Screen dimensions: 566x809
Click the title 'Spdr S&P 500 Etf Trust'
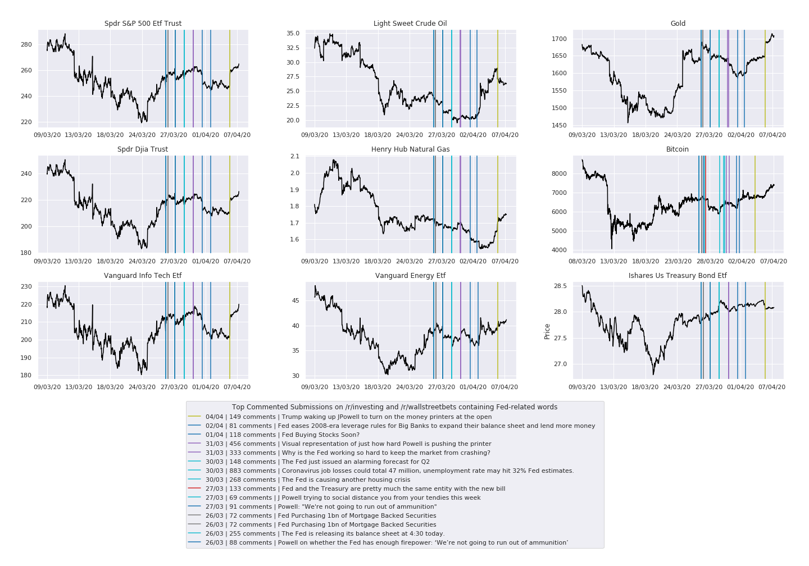(x=143, y=24)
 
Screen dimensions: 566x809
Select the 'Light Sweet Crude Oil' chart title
(x=410, y=24)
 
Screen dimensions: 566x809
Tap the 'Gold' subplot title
(x=678, y=24)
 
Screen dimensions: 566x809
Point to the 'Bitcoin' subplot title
(x=677, y=149)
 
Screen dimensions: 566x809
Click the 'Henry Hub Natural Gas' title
(x=410, y=149)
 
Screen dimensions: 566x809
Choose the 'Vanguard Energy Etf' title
(x=410, y=276)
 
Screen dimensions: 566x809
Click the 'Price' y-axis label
(x=547, y=331)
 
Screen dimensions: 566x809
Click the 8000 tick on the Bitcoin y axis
(x=559, y=174)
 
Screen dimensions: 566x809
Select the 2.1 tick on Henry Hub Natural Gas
(x=295, y=157)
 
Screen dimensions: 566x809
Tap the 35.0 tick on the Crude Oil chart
(x=293, y=34)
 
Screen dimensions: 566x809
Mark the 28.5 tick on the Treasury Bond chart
(x=560, y=286)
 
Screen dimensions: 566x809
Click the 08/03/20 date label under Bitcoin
(x=582, y=261)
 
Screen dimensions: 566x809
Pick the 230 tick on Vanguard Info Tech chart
(x=26, y=287)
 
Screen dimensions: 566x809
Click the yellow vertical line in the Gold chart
(x=765, y=79)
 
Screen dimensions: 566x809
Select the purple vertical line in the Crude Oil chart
(x=460, y=79)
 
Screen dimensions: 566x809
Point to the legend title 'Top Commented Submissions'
(x=394, y=407)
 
